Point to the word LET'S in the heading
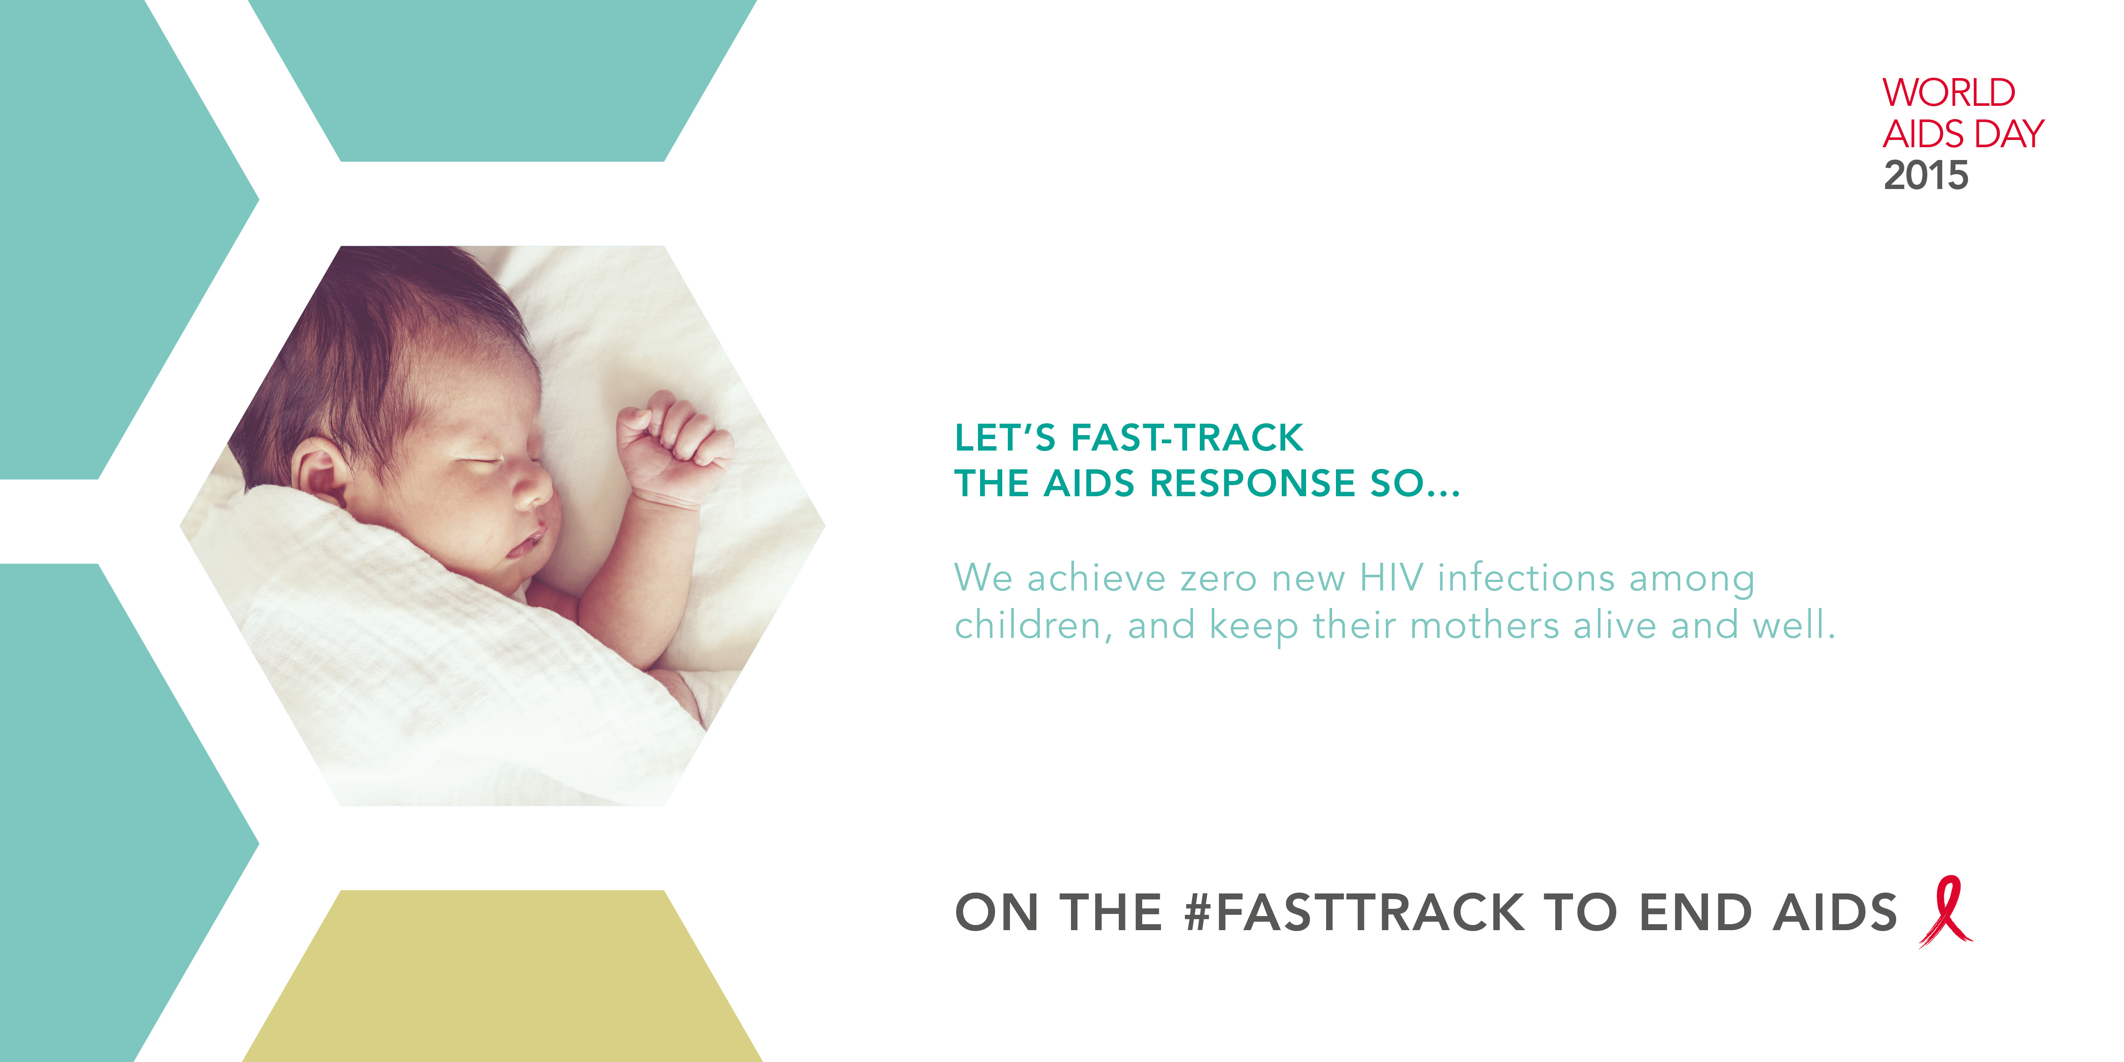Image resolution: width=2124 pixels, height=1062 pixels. [x=1004, y=438]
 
